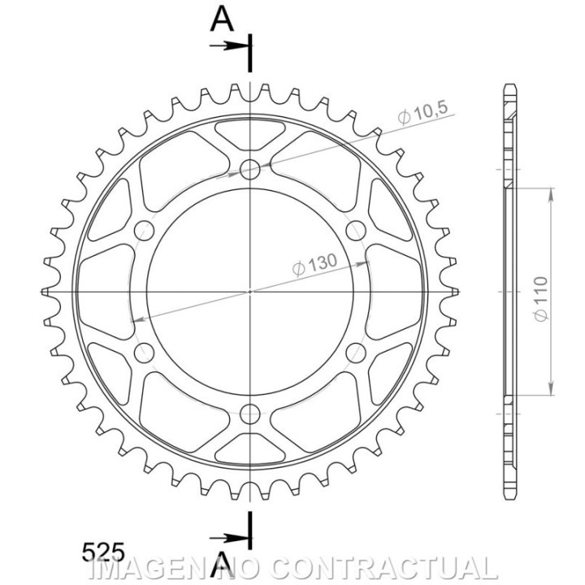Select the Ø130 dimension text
point(314,264)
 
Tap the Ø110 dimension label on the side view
point(540,297)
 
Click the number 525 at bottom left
point(103,552)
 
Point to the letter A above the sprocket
point(223,19)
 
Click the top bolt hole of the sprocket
point(250,169)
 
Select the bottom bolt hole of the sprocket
point(250,414)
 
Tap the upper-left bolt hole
point(144,231)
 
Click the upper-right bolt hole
point(356,231)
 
